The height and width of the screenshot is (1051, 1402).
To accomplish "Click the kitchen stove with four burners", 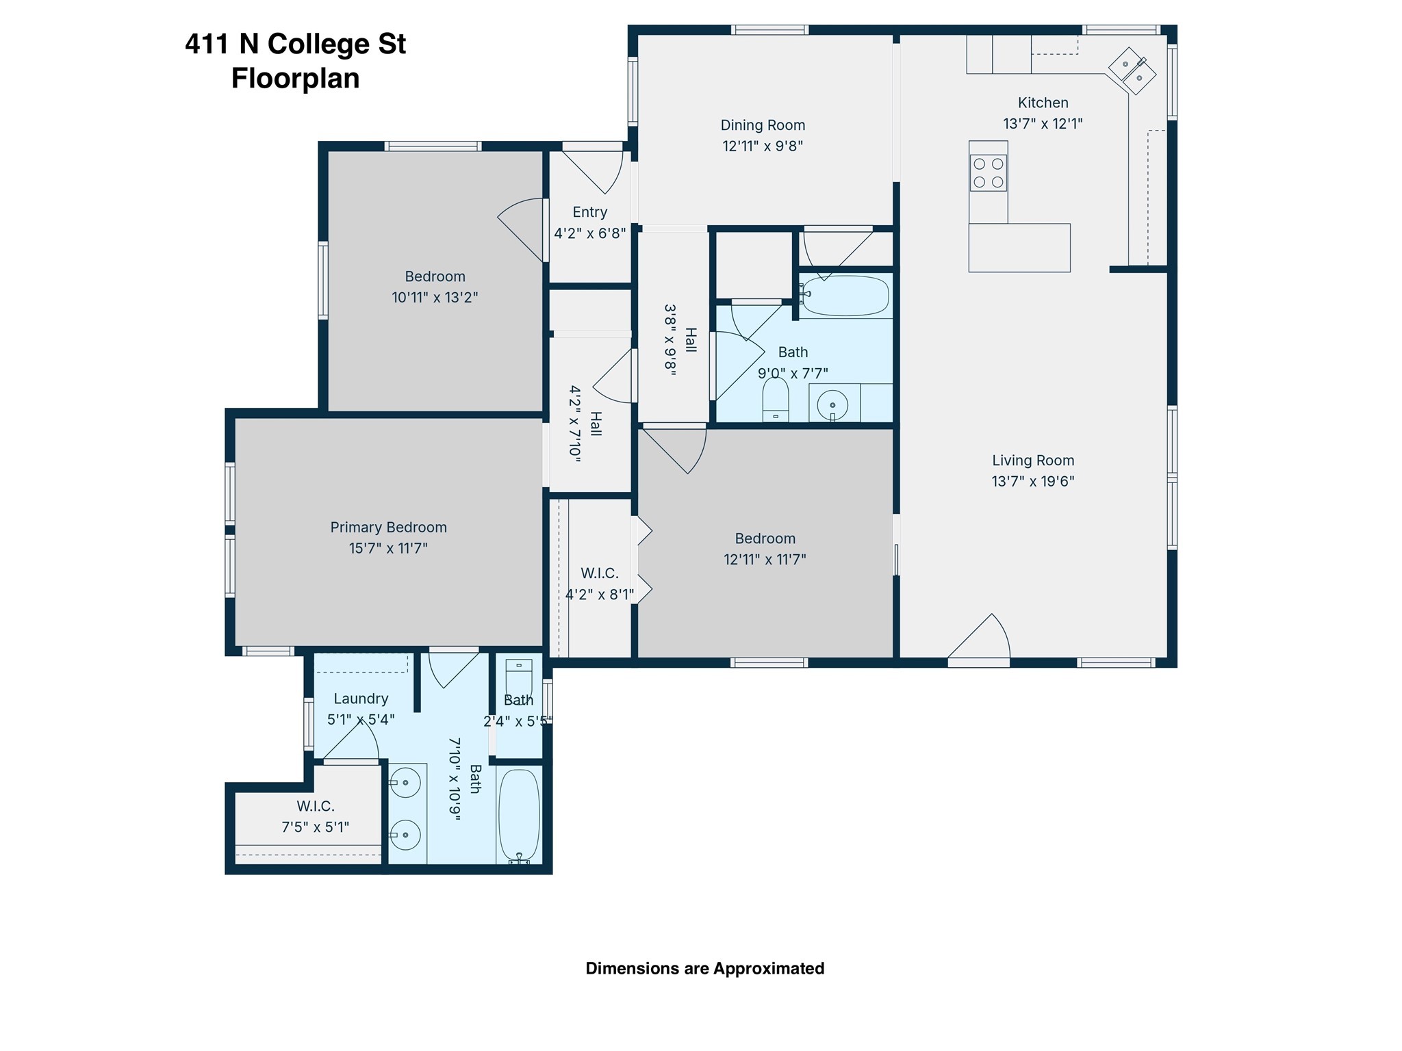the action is click(988, 172).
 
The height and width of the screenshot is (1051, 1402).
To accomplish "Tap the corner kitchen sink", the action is click(1132, 70).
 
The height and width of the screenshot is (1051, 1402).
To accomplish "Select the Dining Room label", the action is click(763, 125).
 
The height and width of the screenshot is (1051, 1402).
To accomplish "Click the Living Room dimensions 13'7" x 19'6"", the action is click(1033, 481).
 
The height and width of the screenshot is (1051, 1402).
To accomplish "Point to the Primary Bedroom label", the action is click(388, 528).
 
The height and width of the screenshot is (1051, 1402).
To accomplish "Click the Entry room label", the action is click(590, 212).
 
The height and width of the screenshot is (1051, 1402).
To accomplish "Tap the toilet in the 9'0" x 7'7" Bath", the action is click(776, 400).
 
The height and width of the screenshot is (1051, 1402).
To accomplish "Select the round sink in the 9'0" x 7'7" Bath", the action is click(832, 404).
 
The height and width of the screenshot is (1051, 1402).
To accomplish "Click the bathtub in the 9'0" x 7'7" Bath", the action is click(845, 296).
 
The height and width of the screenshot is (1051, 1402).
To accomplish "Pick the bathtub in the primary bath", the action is click(519, 816).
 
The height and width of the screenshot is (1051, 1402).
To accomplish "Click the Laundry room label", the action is click(361, 699).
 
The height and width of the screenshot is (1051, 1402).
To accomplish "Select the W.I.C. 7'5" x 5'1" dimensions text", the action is click(316, 827).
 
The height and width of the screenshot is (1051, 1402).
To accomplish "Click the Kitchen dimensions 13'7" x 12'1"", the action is click(1043, 124).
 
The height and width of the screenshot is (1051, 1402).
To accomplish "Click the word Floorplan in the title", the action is click(296, 78).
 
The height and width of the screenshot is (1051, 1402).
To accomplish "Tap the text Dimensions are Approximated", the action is click(705, 968).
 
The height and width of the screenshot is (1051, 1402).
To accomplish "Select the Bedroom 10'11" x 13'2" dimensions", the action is click(435, 298).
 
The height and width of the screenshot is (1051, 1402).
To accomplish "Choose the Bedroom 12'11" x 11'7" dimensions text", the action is click(765, 560).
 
